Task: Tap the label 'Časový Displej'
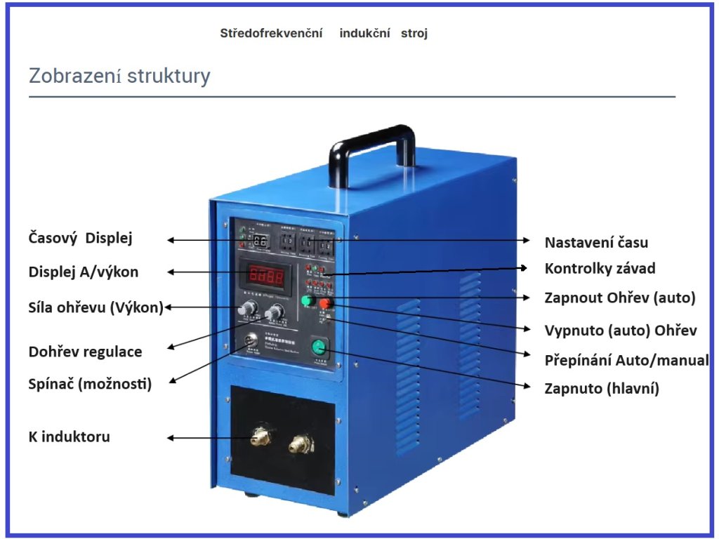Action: [x=80, y=239]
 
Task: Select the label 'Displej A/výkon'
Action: [x=84, y=272]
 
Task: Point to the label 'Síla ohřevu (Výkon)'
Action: [x=95, y=307]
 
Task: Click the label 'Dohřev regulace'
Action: [x=85, y=352]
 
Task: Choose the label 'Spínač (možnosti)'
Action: [x=90, y=384]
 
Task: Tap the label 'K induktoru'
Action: [x=69, y=437]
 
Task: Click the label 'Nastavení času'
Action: [x=596, y=243]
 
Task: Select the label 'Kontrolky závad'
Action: [x=600, y=269]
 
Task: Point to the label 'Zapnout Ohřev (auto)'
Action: [x=620, y=298]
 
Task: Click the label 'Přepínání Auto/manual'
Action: [x=626, y=361]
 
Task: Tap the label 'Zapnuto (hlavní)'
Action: [x=602, y=388]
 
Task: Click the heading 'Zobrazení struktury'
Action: [x=119, y=76]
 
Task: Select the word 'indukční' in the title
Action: [x=364, y=33]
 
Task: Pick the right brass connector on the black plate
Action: [x=300, y=444]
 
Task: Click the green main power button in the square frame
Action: [x=320, y=347]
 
